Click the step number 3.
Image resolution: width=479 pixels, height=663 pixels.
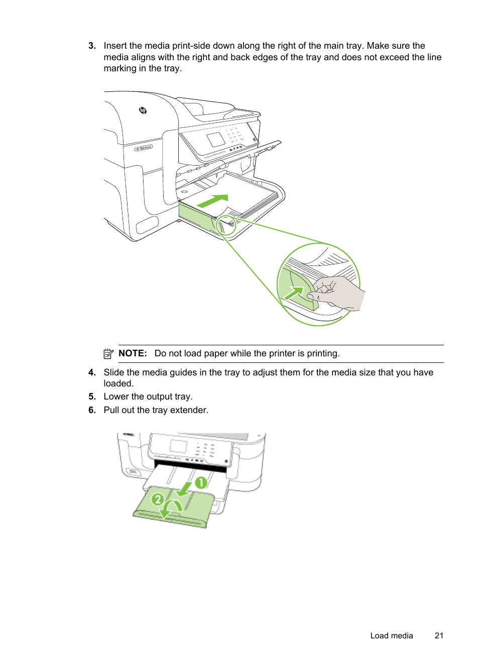pyautogui.click(x=92, y=46)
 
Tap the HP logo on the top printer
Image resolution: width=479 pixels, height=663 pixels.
pyautogui.click(x=143, y=110)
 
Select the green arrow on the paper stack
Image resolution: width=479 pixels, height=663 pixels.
pyautogui.click(x=213, y=201)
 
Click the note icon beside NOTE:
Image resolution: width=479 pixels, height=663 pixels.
pyautogui.click(x=108, y=354)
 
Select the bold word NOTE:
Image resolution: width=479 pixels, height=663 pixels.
pyautogui.click(x=133, y=353)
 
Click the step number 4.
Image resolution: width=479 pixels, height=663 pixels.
pyautogui.click(x=92, y=372)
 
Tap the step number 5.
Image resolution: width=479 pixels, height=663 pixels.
pyautogui.click(x=92, y=396)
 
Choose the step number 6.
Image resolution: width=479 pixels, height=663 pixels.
pyautogui.click(x=92, y=410)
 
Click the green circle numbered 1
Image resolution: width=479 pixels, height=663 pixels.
pyautogui.click(x=201, y=483)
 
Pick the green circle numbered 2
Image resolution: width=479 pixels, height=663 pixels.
pyautogui.click(x=158, y=499)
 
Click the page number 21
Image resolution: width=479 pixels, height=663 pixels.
pyautogui.click(x=439, y=636)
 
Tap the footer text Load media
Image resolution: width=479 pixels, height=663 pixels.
pyautogui.click(x=391, y=636)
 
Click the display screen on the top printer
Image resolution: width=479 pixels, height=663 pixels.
pyautogui.click(x=216, y=140)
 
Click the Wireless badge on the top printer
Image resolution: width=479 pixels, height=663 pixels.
pyautogui.click(x=144, y=148)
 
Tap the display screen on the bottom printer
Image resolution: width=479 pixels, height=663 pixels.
pyautogui.click(x=178, y=446)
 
